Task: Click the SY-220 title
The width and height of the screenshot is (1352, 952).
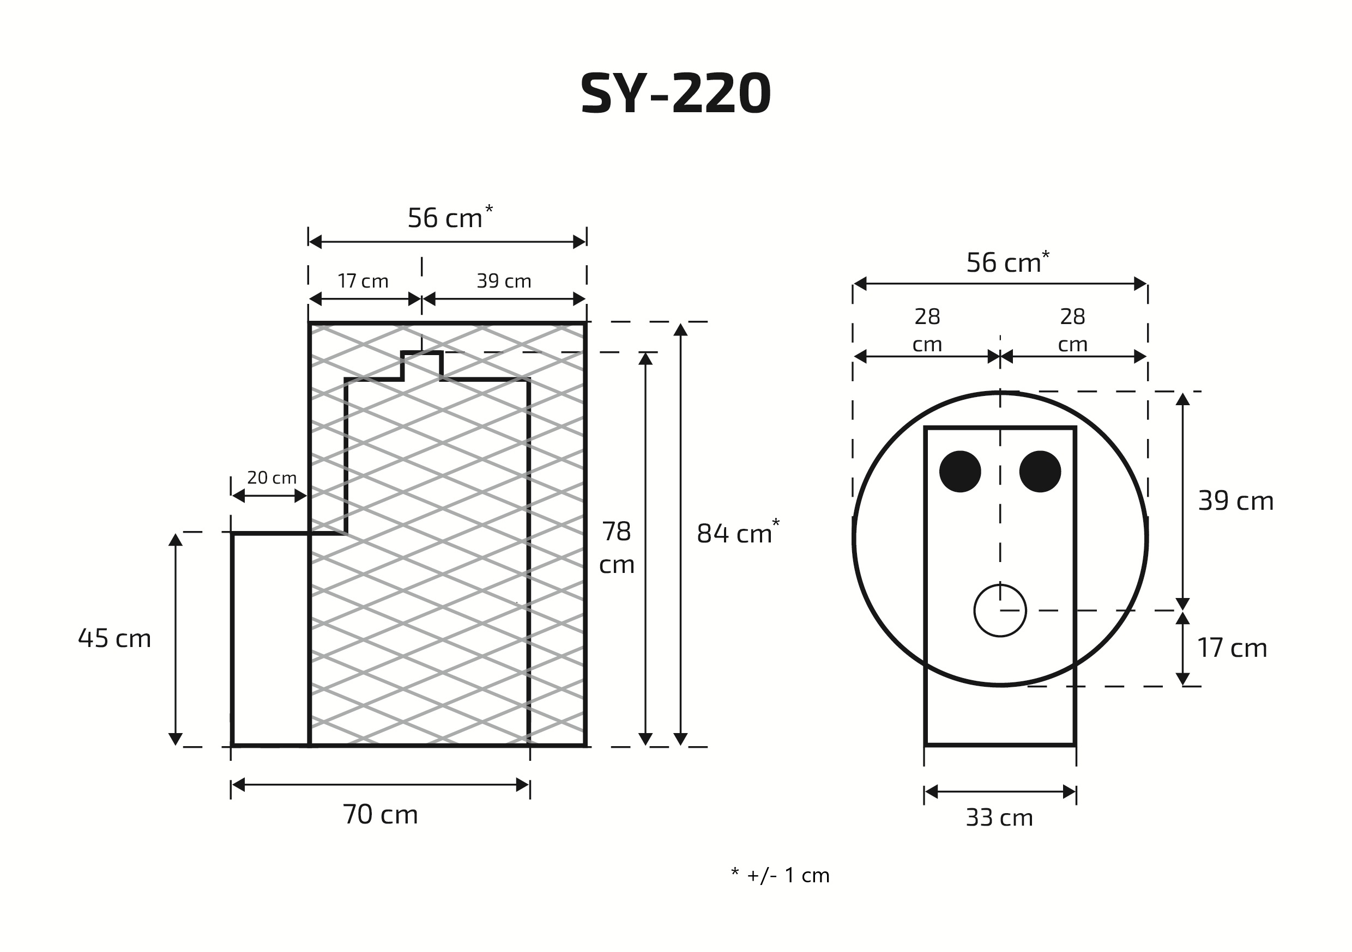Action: [675, 94]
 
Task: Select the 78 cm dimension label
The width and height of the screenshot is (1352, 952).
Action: [617, 548]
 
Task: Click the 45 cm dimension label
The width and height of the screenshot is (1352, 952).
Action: [115, 638]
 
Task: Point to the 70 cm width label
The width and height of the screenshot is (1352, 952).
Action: [381, 815]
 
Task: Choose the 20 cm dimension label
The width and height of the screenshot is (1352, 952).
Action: [271, 478]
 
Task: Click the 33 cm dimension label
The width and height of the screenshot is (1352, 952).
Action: [999, 818]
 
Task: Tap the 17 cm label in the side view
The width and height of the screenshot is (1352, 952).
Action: [363, 281]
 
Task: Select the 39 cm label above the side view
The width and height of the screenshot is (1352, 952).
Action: [504, 281]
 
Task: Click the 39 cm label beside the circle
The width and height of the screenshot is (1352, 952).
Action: [1235, 501]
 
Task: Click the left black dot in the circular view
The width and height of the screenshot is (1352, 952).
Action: [960, 471]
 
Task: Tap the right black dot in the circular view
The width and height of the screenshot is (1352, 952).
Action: [1040, 471]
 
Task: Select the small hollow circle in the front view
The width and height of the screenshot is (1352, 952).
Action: [1000, 611]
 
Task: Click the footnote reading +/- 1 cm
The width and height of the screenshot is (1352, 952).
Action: [780, 876]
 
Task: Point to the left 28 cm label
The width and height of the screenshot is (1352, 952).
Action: [927, 330]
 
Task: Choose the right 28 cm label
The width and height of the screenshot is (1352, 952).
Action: [1072, 330]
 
